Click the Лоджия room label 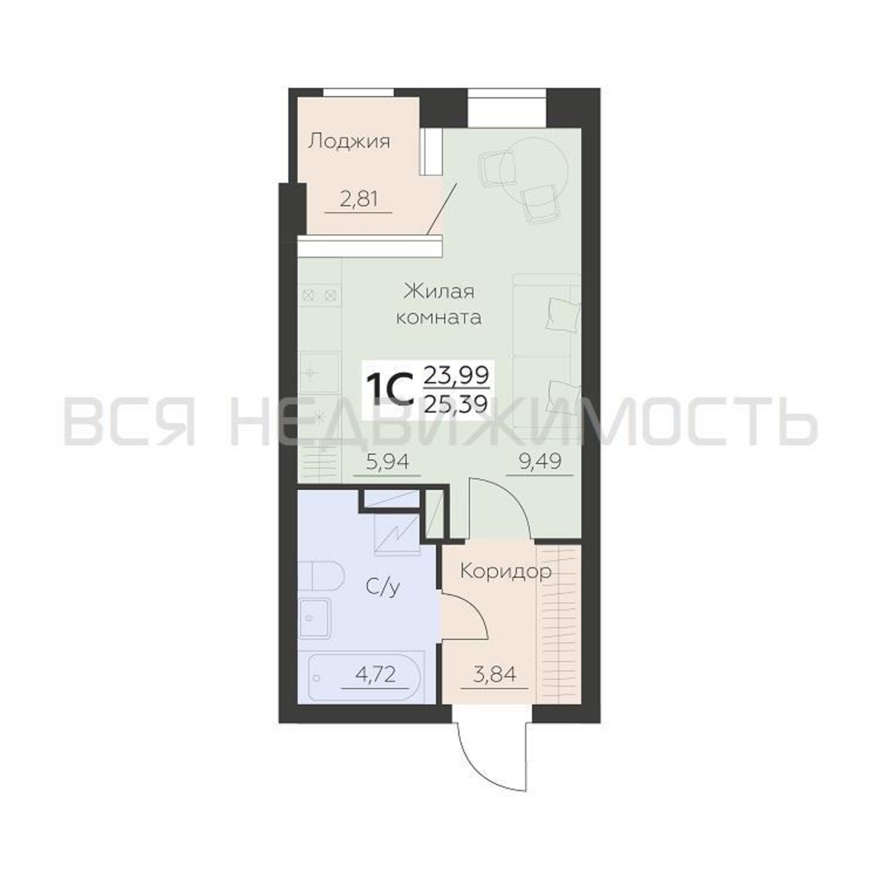(x=349, y=142)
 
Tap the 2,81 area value (x=358, y=199)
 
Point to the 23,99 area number (x=456, y=375)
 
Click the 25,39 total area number (x=456, y=402)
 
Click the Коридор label (x=506, y=572)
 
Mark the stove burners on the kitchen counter (x=320, y=296)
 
